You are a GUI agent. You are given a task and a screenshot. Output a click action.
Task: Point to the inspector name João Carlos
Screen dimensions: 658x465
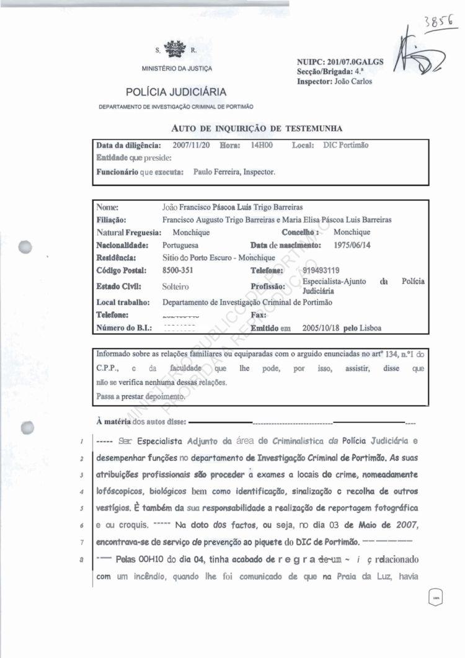352,81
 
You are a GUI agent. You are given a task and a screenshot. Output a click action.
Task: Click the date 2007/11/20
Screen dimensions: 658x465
192,145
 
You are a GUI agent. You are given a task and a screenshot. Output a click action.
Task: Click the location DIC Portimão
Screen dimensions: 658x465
345,145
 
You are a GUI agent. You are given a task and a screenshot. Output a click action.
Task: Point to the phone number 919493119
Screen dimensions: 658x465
322,270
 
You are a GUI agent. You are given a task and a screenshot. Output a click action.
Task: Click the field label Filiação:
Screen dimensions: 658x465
112,220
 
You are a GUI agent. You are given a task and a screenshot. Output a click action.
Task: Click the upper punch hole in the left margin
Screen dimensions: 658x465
27,246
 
